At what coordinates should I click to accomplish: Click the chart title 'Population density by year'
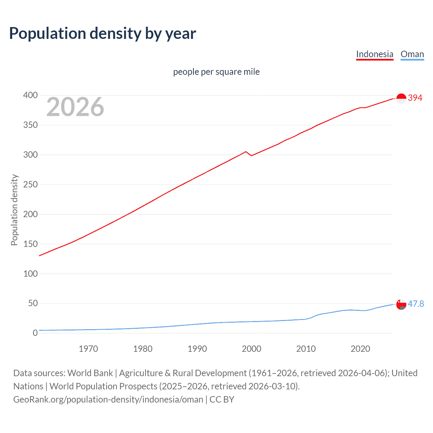[102, 33]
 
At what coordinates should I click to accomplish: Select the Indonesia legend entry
[374, 54]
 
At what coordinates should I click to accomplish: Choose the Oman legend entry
[412, 54]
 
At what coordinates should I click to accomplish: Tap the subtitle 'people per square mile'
[216, 72]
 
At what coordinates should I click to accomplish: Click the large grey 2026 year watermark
[75, 107]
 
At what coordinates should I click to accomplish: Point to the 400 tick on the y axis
[30, 95]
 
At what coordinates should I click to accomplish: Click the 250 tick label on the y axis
[30, 185]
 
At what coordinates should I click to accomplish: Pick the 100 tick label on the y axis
[30, 274]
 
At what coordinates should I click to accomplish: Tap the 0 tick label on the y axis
[35, 333]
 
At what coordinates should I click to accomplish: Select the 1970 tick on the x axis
[88, 349]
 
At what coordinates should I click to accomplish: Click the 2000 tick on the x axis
[251, 349]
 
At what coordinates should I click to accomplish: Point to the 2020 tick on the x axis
[360, 349]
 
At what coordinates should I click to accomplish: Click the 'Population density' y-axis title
[14, 210]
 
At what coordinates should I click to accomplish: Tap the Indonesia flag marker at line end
[401, 98]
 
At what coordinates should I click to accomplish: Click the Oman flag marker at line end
[401, 304]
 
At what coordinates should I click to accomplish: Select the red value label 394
[415, 98]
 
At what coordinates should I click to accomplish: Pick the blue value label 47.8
[416, 304]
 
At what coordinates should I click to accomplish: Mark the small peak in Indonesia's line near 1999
[246, 152]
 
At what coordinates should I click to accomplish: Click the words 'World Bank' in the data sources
[90, 373]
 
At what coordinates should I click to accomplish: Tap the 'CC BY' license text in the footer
[222, 399]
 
